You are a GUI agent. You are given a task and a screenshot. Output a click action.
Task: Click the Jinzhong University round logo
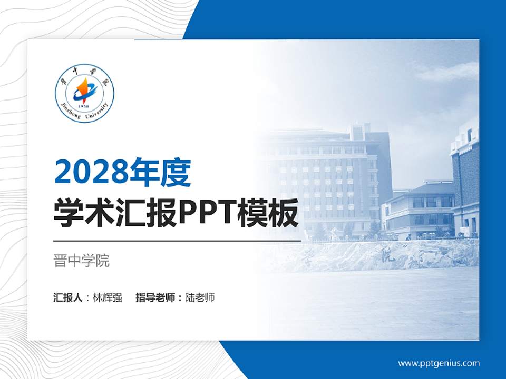[x=84, y=95]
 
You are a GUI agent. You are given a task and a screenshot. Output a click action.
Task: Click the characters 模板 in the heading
[x=274, y=214]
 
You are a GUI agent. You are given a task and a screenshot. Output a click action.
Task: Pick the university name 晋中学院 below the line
[x=82, y=261]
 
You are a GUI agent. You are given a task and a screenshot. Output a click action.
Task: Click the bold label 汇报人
[x=68, y=297]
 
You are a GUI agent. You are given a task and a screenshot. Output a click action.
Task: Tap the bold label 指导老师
[x=155, y=297]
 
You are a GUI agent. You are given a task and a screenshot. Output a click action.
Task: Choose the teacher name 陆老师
[x=200, y=297]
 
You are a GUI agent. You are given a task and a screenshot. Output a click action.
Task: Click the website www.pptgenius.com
[x=439, y=363]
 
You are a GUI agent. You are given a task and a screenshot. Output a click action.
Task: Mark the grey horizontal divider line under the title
[x=177, y=241]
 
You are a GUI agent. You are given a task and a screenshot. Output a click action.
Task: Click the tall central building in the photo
[x=337, y=179]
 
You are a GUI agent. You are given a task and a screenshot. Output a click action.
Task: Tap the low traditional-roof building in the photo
[x=422, y=208]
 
